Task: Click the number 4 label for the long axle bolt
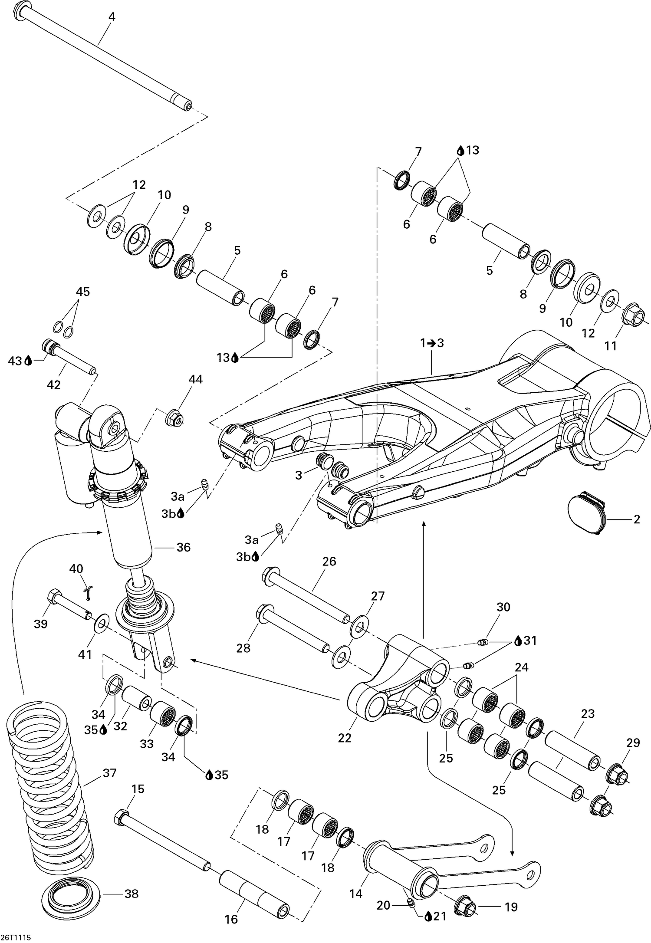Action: tap(112, 17)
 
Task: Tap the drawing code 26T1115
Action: tap(16, 937)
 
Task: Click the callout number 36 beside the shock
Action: tap(184, 547)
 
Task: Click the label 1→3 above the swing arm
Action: tap(432, 343)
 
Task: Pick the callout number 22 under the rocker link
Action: tap(345, 738)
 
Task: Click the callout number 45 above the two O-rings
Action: tap(83, 292)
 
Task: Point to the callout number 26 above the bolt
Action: tap(329, 561)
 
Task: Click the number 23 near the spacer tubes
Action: tap(588, 713)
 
